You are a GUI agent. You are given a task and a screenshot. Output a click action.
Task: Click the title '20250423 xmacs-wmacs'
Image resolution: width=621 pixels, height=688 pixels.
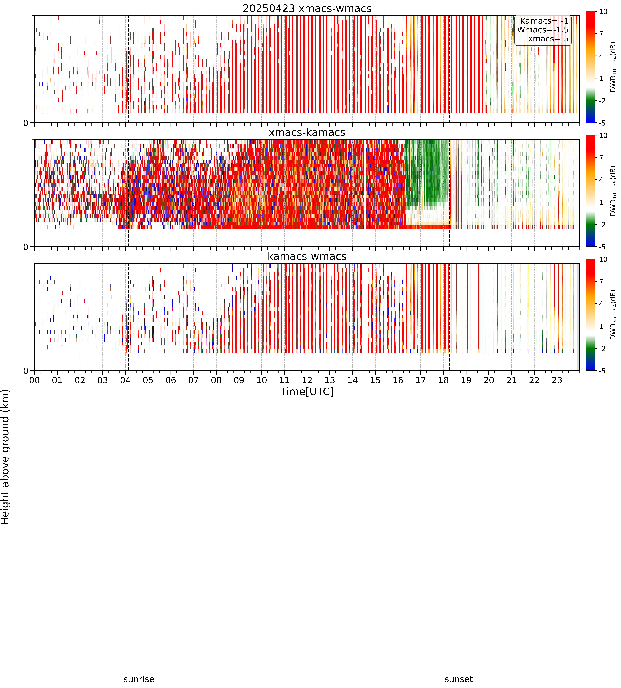(x=307, y=9)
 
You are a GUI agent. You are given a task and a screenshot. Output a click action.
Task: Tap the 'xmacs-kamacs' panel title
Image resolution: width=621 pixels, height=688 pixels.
(x=307, y=132)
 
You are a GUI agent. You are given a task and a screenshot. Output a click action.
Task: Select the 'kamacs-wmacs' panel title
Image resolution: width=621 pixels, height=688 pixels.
(x=307, y=256)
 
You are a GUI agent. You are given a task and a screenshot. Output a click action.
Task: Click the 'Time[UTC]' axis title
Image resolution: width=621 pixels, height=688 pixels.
(x=307, y=391)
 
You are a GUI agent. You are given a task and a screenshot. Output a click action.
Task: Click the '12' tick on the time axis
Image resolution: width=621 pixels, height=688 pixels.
(x=307, y=380)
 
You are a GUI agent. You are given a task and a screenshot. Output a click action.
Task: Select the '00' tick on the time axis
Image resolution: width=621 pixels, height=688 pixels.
(x=34, y=380)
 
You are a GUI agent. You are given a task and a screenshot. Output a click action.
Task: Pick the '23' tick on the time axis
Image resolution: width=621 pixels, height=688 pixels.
(x=557, y=380)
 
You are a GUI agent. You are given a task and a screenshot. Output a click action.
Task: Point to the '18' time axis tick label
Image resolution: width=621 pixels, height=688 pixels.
(x=443, y=380)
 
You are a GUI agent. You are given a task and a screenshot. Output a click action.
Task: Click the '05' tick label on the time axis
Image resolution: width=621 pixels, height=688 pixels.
(x=148, y=380)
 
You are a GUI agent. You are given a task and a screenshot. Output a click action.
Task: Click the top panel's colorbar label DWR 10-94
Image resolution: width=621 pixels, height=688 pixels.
(x=613, y=67)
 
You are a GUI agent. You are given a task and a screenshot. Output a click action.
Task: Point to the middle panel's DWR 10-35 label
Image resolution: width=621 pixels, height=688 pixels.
(x=613, y=191)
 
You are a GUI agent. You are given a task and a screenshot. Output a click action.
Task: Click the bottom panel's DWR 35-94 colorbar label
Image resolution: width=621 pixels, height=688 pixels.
(x=613, y=315)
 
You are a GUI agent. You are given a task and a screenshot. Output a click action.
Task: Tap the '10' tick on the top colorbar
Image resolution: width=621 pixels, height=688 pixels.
(x=603, y=12)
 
